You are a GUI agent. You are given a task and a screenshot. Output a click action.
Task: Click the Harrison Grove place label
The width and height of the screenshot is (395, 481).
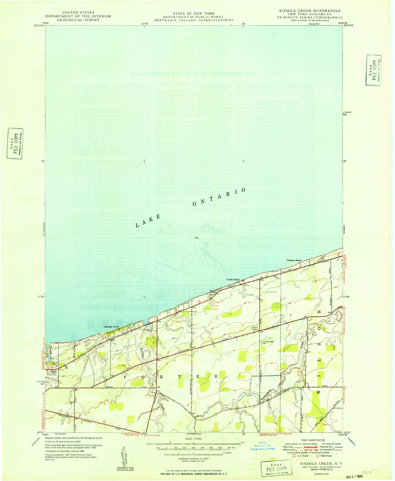[111, 327]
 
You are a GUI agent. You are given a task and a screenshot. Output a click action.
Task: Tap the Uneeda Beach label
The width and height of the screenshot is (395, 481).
[232, 280]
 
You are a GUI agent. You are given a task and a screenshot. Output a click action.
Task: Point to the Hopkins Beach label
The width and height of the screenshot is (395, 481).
[294, 260]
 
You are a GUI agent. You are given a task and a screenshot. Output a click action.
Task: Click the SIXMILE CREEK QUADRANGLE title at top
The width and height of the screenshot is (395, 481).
[310, 11]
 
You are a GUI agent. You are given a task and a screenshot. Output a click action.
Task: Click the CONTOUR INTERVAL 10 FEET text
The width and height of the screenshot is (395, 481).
[193, 459]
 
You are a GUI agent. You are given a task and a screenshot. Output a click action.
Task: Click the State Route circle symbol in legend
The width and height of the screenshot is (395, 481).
[318, 456]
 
